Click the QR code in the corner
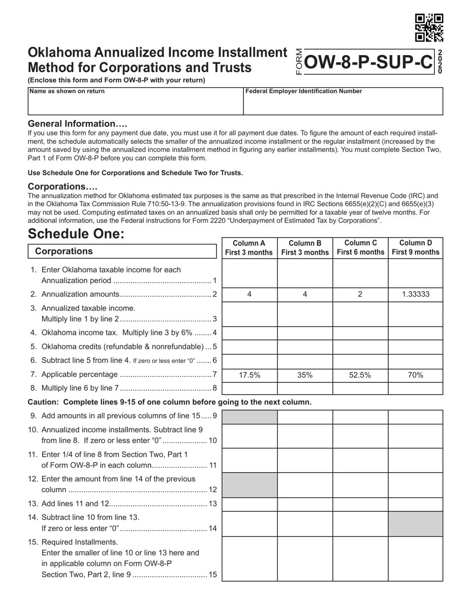pos(429,28)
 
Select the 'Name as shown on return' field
pos(135,101)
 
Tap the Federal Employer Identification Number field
pos(343,101)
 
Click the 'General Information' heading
pos(77,123)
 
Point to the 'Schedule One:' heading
pos(76,234)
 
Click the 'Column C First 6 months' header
pos(360,247)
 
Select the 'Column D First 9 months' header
pos(415,247)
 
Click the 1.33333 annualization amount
pos(415,294)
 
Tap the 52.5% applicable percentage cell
pos(360,375)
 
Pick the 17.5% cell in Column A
pos(249,375)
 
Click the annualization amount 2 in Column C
pos(360,294)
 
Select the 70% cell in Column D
pos(415,375)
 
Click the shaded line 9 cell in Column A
pos(249,417)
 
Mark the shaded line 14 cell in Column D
pos(415,524)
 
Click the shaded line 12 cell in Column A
pos(249,485)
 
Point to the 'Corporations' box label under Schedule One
pos(64,251)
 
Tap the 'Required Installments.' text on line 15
pos(80,542)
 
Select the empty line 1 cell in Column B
pos(305,273)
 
